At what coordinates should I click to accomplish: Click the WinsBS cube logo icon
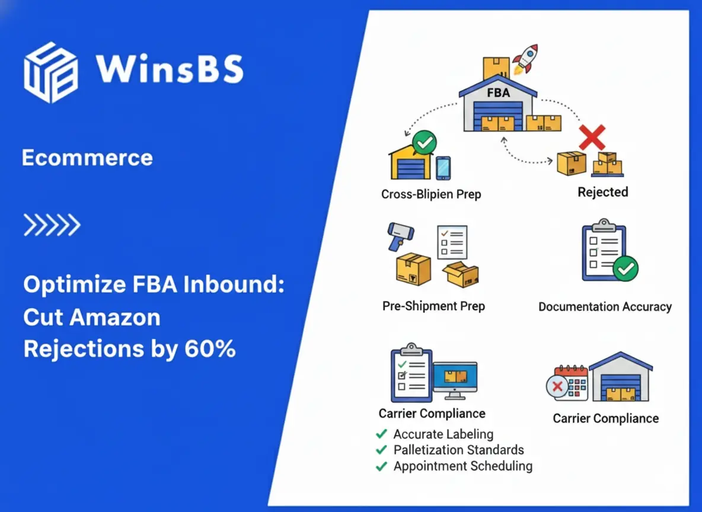tap(50, 72)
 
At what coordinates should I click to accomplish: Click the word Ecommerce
tap(87, 158)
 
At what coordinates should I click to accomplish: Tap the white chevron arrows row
tap(52, 225)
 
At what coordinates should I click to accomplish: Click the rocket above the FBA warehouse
tap(524, 59)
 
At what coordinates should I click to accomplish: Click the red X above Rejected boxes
tap(592, 137)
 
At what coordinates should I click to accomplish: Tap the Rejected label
tap(602, 192)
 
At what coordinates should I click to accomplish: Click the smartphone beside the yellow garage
tap(443, 168)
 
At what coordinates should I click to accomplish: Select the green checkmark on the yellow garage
tap(424, 143)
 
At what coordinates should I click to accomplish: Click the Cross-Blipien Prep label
tap(431, 194)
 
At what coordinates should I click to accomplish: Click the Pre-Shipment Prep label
tap(433, 306)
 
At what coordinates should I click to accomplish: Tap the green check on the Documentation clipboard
tap(625, 269)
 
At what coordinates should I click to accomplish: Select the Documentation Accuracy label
tap(605, 307)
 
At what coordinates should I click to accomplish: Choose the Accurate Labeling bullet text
tap(443, 434)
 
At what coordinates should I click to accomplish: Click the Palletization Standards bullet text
tap(458, 450)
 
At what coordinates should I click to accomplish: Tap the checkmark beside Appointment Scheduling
tap(381, 467)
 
